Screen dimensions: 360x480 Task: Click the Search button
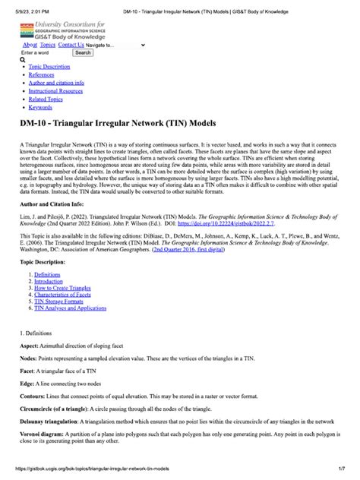(83, 53)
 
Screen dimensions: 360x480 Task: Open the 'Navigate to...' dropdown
(115, 45)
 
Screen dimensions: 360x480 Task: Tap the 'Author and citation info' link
(56, 83)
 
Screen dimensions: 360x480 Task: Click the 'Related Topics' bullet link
(46, 99)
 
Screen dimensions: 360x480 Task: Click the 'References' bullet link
(42, 75)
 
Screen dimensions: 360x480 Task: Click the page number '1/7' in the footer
(339, 472)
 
